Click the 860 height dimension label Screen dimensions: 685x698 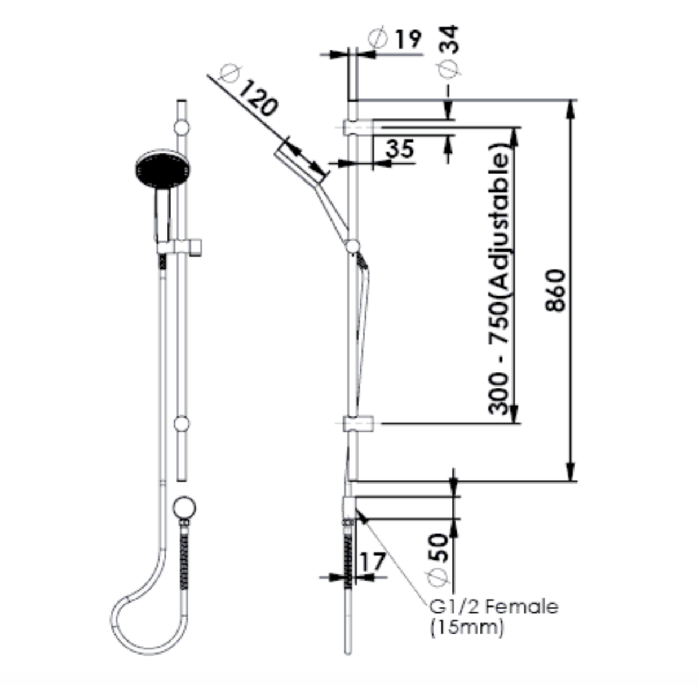tap(555, 291)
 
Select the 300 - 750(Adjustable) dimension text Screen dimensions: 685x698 tap(500, 279)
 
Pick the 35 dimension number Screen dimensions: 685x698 tap(400, 149)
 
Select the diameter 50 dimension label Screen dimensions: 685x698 tap(440, 557)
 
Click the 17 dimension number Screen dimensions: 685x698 tap(372, 562)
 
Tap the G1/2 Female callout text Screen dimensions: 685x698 tap(493, 607)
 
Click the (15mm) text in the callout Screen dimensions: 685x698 tap(466, 627)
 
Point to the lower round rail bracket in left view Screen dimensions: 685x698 tap(182, 424)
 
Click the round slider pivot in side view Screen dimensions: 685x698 tap(353, 247)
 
